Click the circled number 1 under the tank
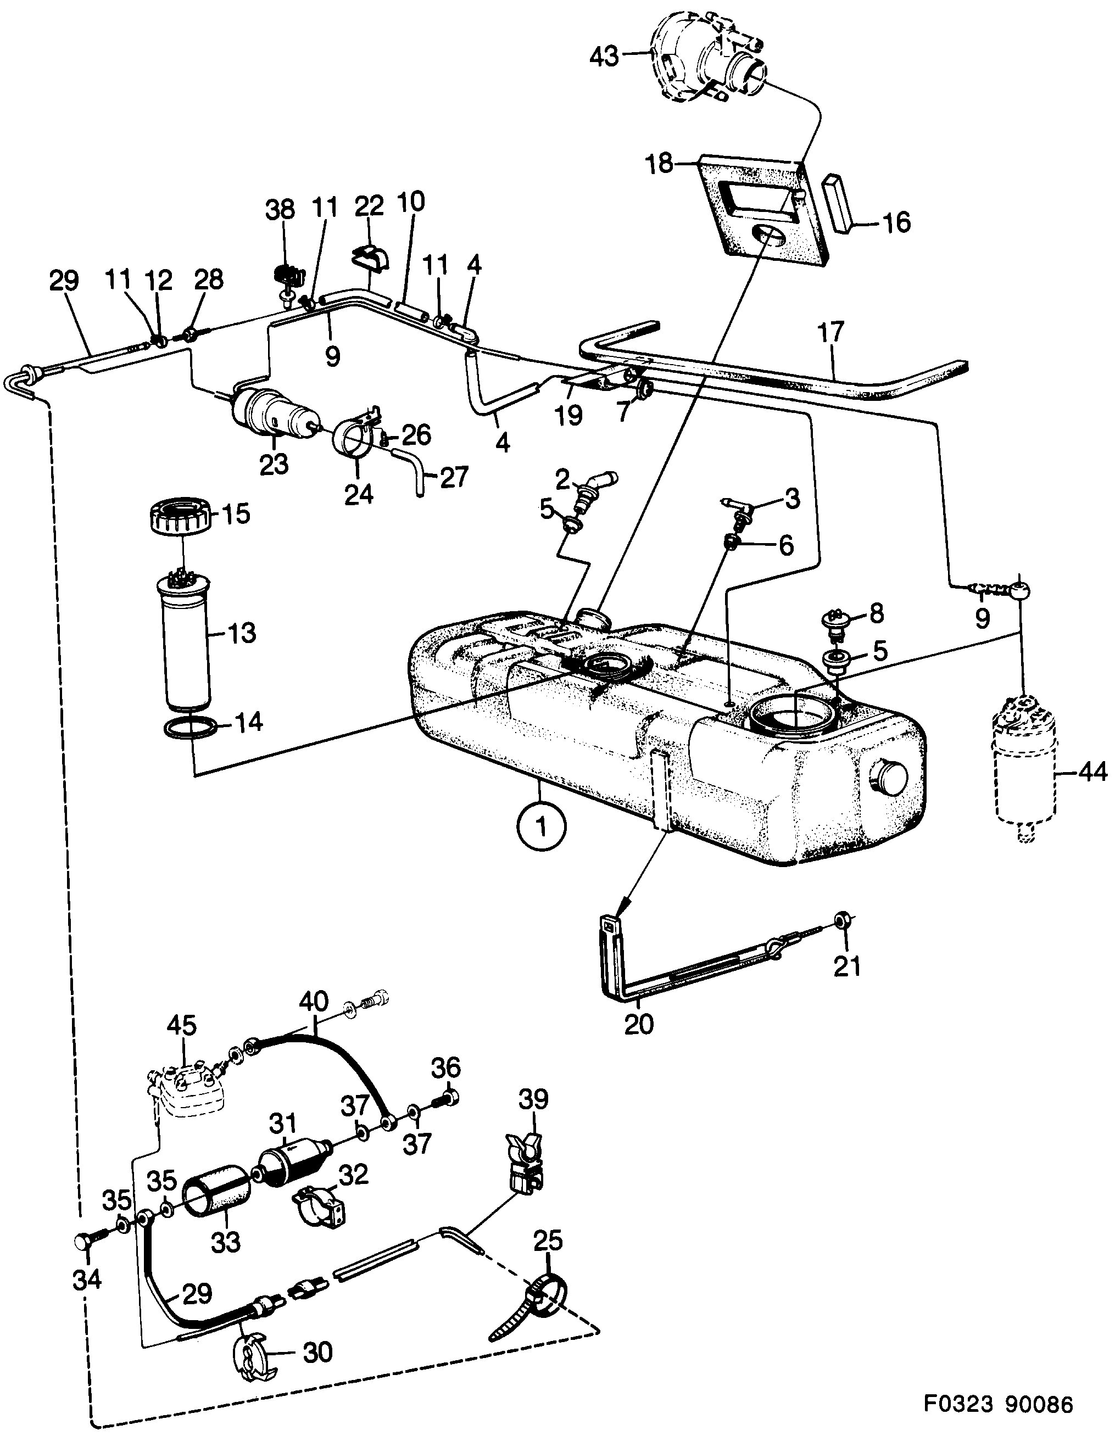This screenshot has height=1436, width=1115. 542,827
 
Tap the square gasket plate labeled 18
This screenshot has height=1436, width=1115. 763,210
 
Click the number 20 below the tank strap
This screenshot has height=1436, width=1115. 639,1024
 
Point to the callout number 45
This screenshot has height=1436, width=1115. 182,1024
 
